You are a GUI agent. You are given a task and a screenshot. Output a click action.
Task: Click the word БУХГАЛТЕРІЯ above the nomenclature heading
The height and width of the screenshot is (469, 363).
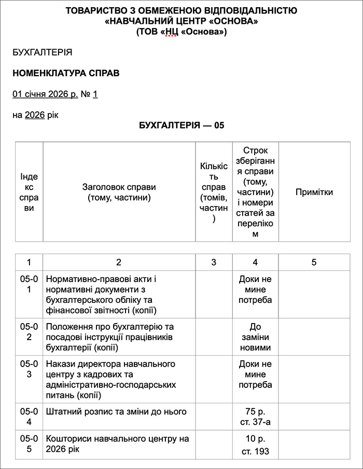(x=42, y=52)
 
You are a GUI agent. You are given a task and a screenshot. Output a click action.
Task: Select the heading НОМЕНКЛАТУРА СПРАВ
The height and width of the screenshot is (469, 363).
(x=66, y=73)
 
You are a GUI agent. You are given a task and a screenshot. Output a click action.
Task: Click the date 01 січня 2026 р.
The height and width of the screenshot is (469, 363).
(x=45, y=94)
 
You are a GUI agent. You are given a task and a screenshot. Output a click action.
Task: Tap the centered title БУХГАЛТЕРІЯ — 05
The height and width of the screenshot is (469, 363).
(x=181, y=125)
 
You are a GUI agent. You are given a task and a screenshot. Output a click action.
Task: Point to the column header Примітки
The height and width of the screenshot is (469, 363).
(x=314, y=192)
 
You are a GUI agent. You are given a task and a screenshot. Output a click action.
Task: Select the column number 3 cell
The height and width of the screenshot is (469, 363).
(x=214, y=262)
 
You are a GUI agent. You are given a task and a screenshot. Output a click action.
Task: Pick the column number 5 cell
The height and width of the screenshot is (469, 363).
(x=314, y=262)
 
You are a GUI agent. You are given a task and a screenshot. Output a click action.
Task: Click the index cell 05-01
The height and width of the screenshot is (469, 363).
(x=29, y=284)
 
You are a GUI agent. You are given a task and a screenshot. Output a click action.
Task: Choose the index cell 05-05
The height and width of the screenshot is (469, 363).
(x=29, y=444)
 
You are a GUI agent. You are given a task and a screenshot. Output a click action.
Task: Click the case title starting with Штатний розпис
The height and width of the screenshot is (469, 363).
(x=116, y=412)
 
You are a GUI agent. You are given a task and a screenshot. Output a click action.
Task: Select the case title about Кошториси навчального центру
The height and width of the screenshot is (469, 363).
(x=118, y=444)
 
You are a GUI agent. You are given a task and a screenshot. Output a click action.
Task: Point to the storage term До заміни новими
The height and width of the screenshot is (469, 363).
(x=255, y=337)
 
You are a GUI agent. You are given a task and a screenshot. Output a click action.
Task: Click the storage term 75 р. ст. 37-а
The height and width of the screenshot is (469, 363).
(x=255, y=417)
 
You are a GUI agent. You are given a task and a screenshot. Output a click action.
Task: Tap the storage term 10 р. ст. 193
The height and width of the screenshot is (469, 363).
(x=255, y=445)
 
